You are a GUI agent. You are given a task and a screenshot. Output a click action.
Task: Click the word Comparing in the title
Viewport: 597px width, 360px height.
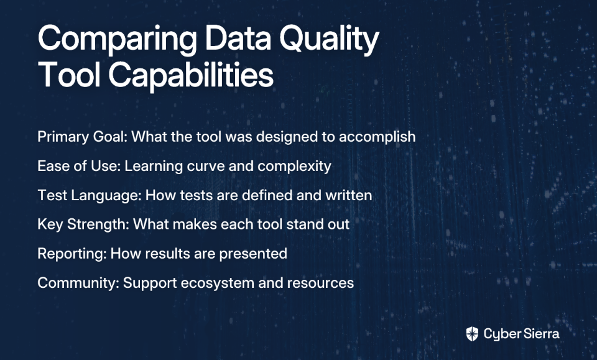coord(118,40)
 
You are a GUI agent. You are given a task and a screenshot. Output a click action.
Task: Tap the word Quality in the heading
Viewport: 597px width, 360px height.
coord(329,40)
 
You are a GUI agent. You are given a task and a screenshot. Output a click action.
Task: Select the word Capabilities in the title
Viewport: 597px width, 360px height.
coord(191,75)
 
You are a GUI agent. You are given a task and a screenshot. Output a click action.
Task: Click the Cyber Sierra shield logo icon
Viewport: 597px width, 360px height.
coord(472,334)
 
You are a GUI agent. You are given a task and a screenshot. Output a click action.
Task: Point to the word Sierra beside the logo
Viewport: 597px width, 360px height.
coord(541,334)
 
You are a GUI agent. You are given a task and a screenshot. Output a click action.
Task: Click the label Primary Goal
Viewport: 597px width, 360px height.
coord(82,137)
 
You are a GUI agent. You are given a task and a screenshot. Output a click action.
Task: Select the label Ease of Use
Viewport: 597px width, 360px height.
coord(79,166)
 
